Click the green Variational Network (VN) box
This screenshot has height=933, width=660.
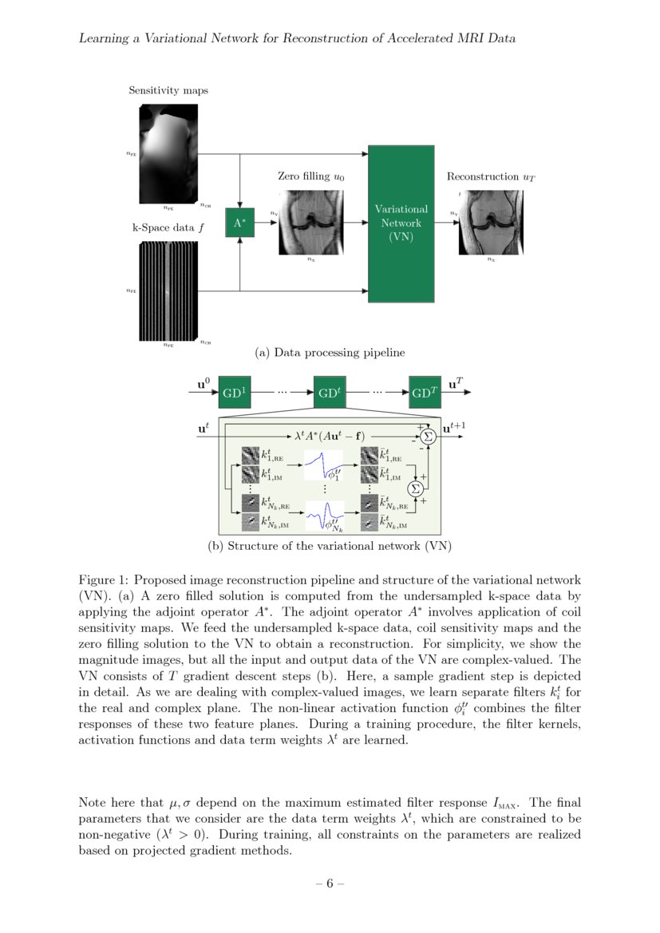pos(401,223)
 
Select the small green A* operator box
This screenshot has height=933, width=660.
pos(240,224)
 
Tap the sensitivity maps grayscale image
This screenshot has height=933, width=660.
pos(168,153)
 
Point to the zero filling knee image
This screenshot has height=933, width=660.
pos(310,222)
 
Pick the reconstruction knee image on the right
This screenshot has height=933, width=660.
pos(490,222)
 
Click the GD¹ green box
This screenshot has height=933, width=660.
pos(235,393)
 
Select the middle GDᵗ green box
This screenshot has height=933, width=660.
pos(329,393)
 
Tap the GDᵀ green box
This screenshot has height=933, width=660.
pos(424,393)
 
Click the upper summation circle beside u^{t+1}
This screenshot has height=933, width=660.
pos(428,435)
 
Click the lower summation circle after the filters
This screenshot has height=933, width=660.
pos(415,488)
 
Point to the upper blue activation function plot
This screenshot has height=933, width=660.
pos(324,465)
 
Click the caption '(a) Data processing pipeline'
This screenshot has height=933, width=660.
pos(330,352)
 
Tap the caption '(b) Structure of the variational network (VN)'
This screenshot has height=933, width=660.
pos(330,547)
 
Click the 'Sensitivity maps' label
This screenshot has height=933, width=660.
pos(168,90)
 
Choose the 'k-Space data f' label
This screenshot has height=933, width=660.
pos(168,227)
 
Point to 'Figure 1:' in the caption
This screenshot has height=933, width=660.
pos(102,579)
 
